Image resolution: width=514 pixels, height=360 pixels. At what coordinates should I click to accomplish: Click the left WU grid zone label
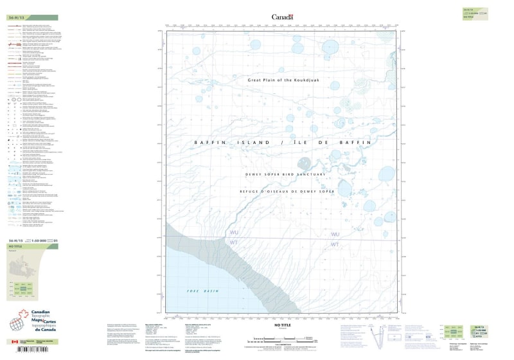tap(234, 233)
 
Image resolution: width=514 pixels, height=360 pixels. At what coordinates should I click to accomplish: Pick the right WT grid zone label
tap(335, 245)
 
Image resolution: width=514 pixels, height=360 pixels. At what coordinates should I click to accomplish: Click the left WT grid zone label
tap(234, 243)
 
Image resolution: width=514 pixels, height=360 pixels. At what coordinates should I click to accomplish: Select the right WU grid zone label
tap(335, 235)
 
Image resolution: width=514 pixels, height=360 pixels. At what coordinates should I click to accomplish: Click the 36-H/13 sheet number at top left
tap(16, 18)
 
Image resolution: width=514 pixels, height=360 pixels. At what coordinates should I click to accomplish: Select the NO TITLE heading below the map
tap(282, 326)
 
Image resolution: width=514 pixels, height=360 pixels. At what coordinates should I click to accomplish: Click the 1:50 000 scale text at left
tap(40, 241)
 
